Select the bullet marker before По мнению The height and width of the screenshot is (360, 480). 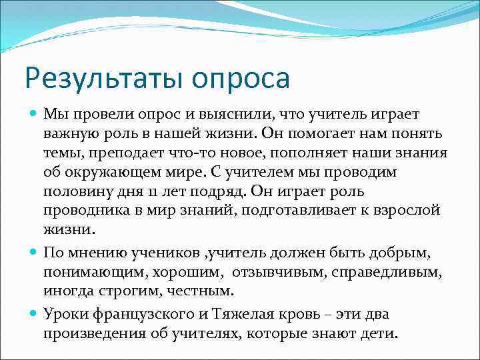click(x=34, y=252)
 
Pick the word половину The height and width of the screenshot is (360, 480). click(x=79, y=191)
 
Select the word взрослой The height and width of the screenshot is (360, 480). click(x=408, y=209)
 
